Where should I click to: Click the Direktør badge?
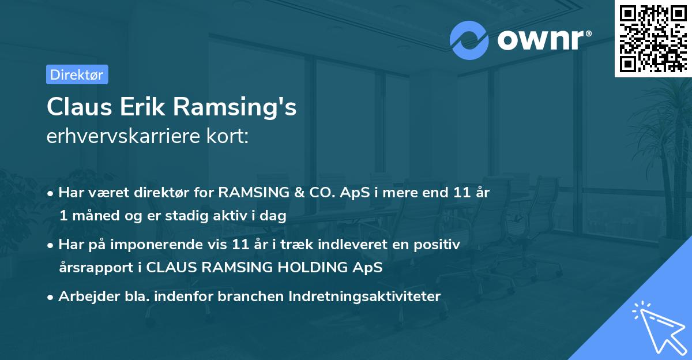click(77, 74)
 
